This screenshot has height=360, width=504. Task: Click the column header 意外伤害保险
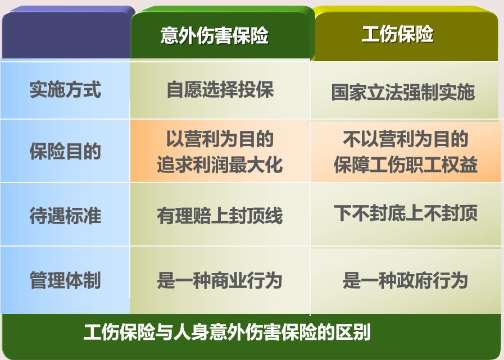215,35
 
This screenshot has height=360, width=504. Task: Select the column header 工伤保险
397,34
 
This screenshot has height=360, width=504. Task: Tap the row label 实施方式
65,89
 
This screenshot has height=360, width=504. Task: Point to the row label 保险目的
65,151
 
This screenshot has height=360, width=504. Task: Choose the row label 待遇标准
65,215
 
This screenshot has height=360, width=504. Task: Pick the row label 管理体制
65,280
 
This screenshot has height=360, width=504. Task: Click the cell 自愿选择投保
220,89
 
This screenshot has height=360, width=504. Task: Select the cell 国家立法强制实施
403,92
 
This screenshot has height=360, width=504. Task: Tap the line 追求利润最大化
220,165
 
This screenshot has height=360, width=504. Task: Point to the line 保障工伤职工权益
406,165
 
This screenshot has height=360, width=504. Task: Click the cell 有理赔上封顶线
220,215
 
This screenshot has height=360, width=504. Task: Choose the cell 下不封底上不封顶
406,213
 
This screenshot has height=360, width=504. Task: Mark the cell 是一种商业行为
220,280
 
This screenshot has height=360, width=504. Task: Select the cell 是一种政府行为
405,280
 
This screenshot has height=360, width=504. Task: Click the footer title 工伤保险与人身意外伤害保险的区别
227,332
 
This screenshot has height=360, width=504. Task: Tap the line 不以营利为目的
406,139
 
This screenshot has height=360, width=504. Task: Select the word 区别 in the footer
353,332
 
